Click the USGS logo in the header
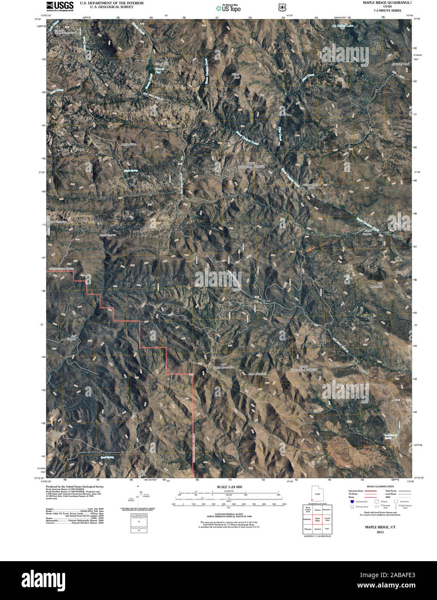[60, 6]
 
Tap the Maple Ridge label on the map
[129, 144]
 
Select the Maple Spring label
[130, 171]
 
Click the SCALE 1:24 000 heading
[226, 487]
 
